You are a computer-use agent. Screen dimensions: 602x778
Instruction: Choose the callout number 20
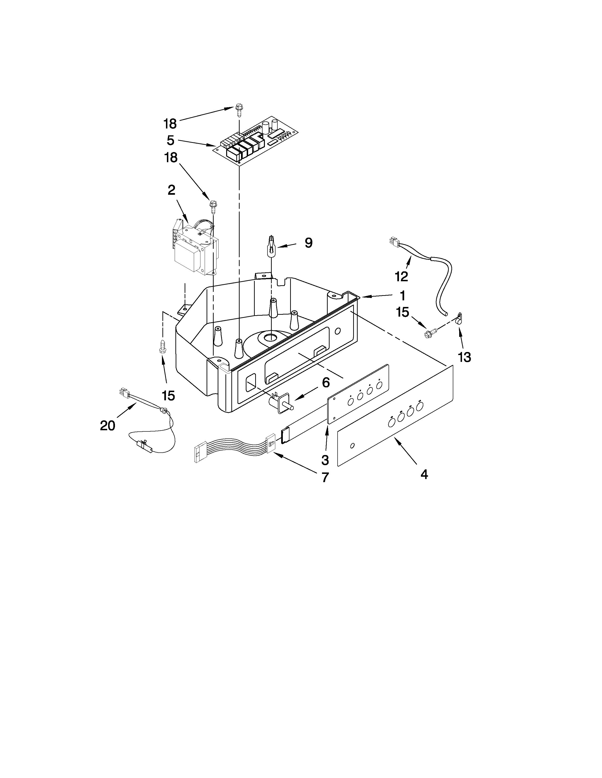(x=107, y=425)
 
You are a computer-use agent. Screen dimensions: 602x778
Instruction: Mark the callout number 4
(x=424, y=474)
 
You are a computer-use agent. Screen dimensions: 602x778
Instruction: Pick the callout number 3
(x=325, y=460)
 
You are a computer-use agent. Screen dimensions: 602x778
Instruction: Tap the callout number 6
(x=326, y=383)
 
